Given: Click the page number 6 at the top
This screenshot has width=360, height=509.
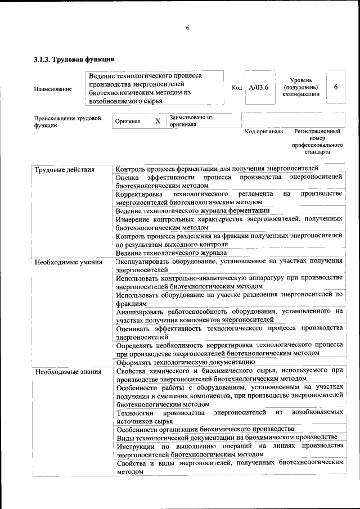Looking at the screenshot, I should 187,28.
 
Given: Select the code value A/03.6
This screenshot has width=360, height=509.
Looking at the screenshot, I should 259,88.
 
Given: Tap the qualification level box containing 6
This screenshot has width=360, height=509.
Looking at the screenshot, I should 335,87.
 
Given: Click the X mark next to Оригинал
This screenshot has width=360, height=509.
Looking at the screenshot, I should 157,121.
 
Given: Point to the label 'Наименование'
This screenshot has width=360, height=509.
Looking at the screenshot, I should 53,89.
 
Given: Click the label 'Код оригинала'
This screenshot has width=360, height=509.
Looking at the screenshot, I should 264,132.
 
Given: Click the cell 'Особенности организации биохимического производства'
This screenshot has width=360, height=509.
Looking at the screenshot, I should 205,429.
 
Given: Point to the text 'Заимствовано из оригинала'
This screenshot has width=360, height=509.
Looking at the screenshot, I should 191,121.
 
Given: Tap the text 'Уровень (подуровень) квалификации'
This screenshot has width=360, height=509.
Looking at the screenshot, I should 301,88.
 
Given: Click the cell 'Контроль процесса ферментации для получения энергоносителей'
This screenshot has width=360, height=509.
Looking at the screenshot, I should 217,169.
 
